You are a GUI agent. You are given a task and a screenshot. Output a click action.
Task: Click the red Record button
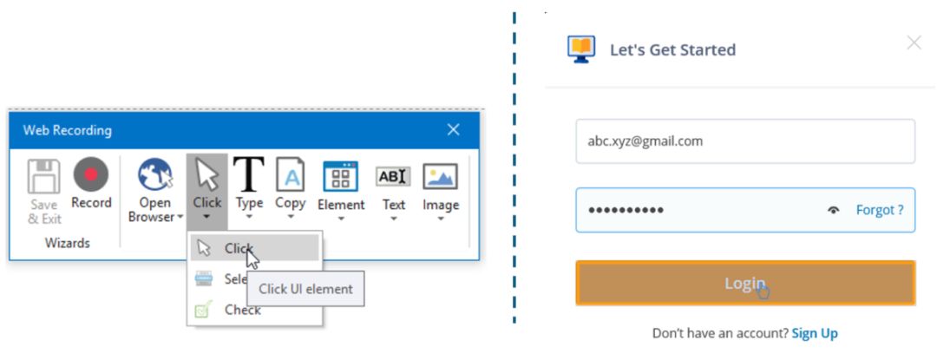(91, 176)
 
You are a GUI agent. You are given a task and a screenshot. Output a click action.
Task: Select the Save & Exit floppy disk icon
(44, 178)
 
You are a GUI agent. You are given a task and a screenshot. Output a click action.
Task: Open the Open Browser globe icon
(154, 176)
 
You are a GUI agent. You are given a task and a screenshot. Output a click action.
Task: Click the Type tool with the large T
(249, 174)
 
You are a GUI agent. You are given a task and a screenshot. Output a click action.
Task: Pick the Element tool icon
(341, 176)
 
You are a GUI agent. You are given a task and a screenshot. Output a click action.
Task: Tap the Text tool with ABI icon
(393, 176)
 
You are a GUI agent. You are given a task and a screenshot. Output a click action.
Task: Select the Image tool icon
(440, 176)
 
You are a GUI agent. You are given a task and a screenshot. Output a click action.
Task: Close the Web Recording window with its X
(453, 130)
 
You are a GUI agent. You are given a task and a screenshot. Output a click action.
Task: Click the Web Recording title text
(67, 131)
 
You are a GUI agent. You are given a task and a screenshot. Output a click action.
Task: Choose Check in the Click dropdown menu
(242, 310)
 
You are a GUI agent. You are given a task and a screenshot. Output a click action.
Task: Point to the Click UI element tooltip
(305, 289)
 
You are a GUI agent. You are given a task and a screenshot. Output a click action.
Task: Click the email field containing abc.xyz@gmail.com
(745, 141)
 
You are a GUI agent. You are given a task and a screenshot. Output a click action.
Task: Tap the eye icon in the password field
(834, 210)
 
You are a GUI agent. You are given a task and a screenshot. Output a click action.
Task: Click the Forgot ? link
(880, 210)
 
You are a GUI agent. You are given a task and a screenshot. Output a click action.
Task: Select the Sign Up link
(815, 333)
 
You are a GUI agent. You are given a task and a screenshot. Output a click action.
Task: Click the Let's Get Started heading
(672, 49)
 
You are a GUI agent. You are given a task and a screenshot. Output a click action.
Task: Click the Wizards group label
(67, 244)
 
